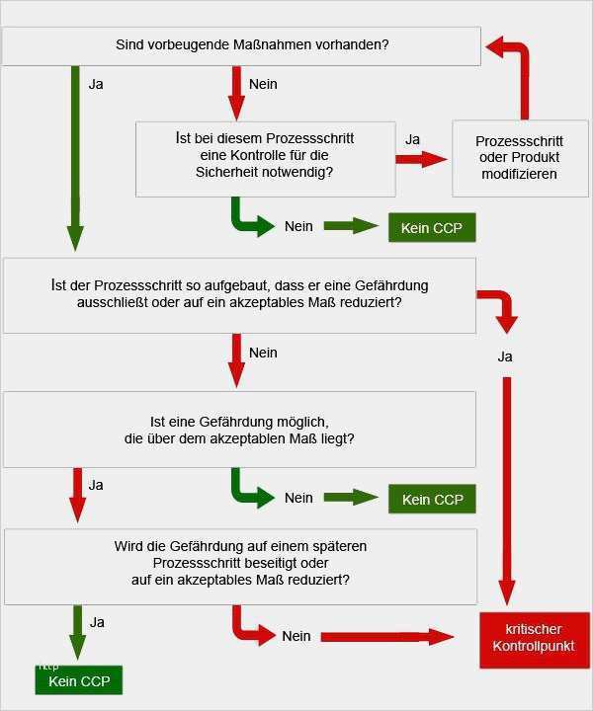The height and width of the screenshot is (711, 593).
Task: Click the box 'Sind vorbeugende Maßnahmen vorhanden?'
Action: pos(241,45)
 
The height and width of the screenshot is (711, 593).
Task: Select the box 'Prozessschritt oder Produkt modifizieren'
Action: pos(520,158)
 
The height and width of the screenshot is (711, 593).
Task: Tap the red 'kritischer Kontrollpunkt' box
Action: pos(535,640)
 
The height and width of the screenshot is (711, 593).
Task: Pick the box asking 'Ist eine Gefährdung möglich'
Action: pos(239,430)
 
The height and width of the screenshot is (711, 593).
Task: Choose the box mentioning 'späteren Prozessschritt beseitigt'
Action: pos(240,567)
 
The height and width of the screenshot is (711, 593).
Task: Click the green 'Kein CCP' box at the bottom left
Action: pos(79,680)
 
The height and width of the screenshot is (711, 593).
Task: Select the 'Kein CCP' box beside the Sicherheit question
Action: pos(432,227)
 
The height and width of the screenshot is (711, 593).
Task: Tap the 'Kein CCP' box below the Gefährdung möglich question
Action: pos(432,499)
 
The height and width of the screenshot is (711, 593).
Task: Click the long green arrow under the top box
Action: pos(75,158)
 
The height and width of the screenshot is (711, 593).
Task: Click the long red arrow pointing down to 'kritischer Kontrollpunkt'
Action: pos(507,491)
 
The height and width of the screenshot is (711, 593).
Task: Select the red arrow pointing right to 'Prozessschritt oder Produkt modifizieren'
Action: pos(421,159)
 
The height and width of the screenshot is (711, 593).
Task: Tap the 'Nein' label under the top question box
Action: pos(263,84)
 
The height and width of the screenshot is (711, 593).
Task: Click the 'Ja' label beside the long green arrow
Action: pos(96,84)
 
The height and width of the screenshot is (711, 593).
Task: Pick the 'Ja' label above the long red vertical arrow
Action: pos(505,356)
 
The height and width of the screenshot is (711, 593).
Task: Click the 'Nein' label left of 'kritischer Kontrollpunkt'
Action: pos(296,636)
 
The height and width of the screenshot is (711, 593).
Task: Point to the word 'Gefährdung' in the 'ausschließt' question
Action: pos(391,285)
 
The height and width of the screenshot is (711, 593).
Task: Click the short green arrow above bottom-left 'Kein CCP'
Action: pos(78,632)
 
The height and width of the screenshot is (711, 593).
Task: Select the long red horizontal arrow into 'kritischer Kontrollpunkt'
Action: pos(387,637)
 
